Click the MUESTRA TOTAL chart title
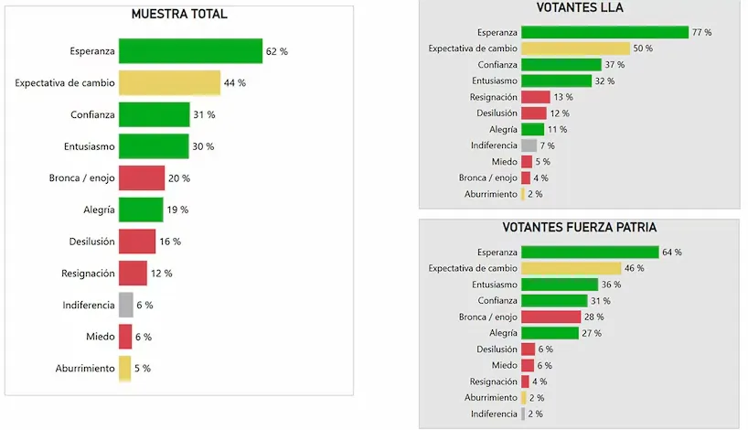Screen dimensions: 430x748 pos(179,14)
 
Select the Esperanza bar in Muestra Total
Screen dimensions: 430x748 pos(190,51)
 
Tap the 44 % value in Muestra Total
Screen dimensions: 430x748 pos(235,83)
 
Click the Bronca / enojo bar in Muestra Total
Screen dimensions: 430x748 pos(141,177)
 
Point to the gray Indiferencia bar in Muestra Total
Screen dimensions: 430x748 pos(124,305)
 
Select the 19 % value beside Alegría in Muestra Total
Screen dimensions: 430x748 pos(177,210)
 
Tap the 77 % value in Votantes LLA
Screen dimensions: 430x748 pos(701,32)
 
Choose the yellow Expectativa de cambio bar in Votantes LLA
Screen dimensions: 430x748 pos(575,48)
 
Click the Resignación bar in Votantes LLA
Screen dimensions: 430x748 pos(535,97)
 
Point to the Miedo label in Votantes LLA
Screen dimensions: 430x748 pos(504,162)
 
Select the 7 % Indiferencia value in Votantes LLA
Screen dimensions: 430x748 pos(547,145)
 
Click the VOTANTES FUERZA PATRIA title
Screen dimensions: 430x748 pos(579,227)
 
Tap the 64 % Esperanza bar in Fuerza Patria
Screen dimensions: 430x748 pos(589,252)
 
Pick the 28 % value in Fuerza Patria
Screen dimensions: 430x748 pos(593,317)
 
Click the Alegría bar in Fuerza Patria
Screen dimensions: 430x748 pos(550,333)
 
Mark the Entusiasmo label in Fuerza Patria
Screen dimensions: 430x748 pos(492,285)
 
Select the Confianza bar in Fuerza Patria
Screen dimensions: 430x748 pos(554,300)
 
